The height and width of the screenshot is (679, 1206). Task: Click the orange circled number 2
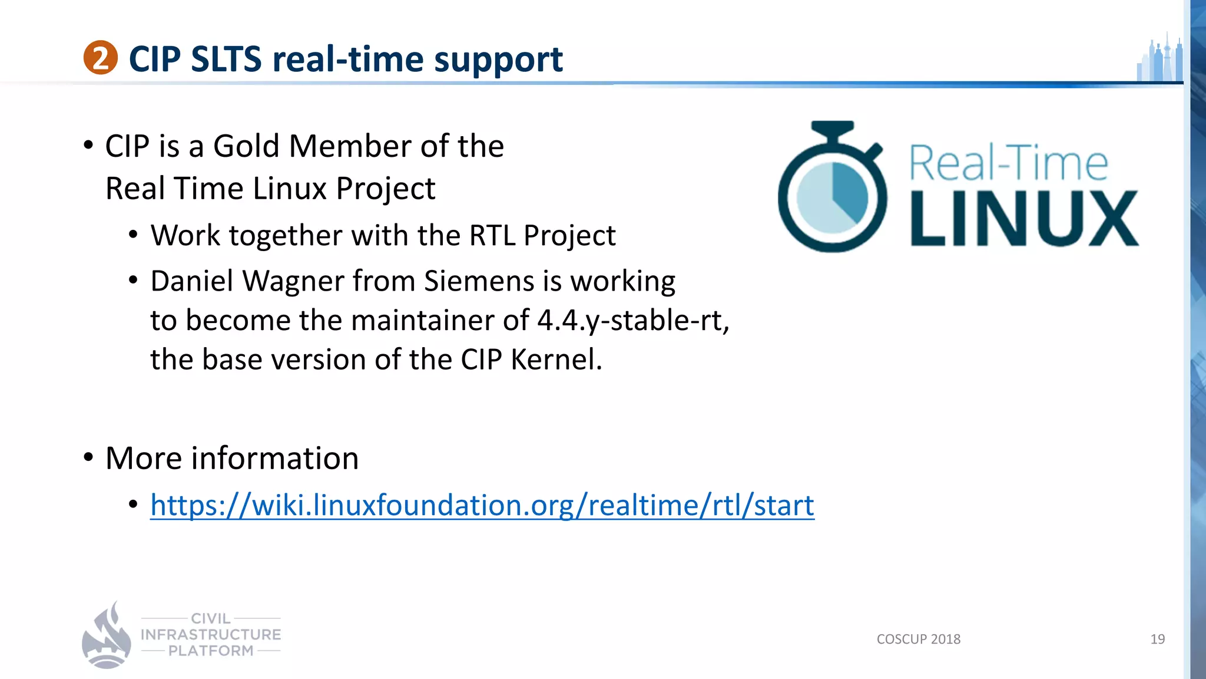pyautogui.click(x=100, y=58)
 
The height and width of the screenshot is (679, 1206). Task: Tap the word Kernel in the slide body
pyautogui.click(x=556, y=360)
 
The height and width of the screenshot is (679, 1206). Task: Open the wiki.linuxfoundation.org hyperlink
pyautogui.click(x=482, y=506)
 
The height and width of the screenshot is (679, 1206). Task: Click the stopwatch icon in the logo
pyautogui.click(x=831, y=189)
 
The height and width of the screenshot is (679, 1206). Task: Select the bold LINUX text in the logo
pyautogui.click(x=1023, y=219)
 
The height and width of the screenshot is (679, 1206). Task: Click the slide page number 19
pyautogui.click(x=1157, y=640)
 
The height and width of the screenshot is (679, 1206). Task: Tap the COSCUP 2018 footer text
pyautogui.click(x=918, y=640)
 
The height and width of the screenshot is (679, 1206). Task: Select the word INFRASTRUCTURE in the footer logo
pyautogui.click(x=211, y=635)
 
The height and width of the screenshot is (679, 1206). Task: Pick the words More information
pyautogui.click(x=232, y=459)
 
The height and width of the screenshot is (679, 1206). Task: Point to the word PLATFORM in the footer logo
pyautogui.click(x=211, y=651)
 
